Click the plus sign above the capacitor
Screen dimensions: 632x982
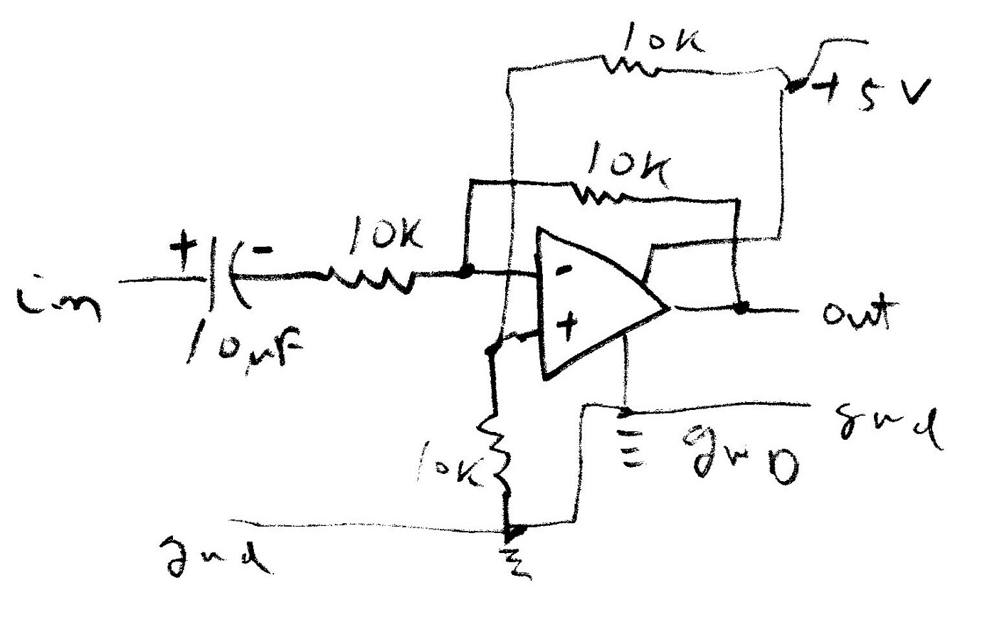pos(183,251)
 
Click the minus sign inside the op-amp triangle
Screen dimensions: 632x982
pos(562,270)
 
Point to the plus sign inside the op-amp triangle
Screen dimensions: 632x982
pos(567,327)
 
